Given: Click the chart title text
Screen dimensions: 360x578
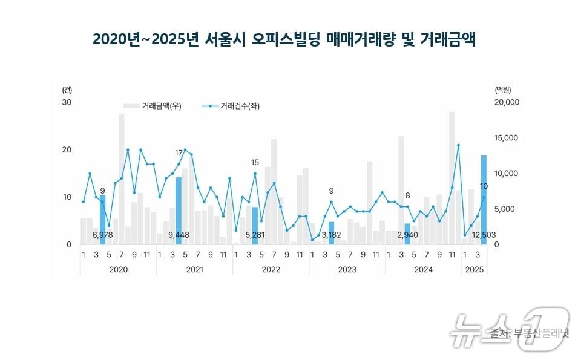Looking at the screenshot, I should [x=284, y=40].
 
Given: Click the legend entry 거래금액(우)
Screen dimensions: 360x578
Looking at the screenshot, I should [x=161, y=106].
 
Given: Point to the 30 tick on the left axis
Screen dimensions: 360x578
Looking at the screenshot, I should [x=67, y=102].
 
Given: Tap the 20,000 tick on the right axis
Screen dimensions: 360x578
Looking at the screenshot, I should [x=507, y=102].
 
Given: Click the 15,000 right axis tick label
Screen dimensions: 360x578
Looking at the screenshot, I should [x=507, y=138].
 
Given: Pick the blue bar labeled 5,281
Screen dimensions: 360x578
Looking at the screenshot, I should [x=255, y=225].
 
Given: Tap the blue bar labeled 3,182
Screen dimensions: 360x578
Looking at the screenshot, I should [x=331, y=233].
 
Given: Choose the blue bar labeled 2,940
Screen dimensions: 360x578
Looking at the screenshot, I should [x=407, y=234].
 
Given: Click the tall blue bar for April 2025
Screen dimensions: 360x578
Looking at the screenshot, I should [x=484, y=200].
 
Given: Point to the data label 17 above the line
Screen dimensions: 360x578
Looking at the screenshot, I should [x=179, y=152].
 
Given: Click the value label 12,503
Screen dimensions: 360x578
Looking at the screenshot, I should [x=484, y=235].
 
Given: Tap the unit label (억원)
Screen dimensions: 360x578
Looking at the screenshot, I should [x=503, y=90].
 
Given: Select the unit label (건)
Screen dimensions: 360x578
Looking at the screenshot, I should [x=67, y=90].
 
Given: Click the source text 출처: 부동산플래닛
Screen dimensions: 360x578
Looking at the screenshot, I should [x=527, y=333].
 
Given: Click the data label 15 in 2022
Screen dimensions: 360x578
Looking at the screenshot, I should [x=255, y=163].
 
